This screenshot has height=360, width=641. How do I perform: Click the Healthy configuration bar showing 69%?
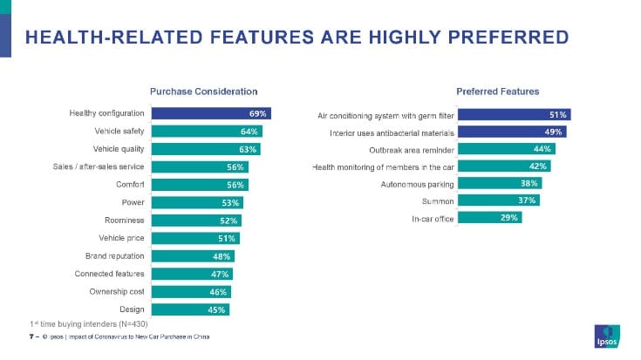[210, 113]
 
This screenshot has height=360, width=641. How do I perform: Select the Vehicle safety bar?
[206, 132]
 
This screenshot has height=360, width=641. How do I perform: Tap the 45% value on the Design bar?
[216, 309]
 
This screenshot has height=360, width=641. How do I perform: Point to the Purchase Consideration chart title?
[203, 92]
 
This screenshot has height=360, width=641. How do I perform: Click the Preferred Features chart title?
[497, 92]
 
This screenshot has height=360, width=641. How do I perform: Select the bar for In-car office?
[490, 218]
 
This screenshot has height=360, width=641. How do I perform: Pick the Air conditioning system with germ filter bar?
[514, 114]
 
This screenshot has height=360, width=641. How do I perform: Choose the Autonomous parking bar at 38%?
[500, 184]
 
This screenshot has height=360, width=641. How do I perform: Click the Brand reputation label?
[108, 256]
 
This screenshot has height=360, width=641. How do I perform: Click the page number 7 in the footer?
[31, 336]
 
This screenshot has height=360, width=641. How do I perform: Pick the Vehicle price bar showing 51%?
[194, 239]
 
